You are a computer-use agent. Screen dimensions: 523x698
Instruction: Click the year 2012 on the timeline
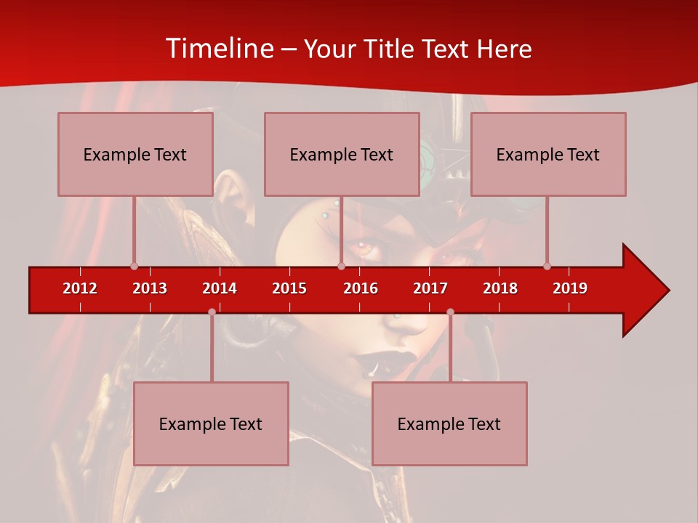(x=80, y=288)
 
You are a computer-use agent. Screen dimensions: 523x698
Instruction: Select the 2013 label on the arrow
(x=150, y=288)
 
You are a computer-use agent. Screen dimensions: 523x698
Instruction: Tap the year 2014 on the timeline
(x=220, y=288)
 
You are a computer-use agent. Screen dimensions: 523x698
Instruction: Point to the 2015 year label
(x=289, y=288)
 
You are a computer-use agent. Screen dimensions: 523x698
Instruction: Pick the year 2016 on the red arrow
(x=361, y=288)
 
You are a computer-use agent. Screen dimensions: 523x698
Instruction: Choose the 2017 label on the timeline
(x=430, y=288)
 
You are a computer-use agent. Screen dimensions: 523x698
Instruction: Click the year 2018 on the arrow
(x=500, y=288)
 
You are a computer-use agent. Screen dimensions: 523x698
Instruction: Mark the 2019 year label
(x=570, y=288)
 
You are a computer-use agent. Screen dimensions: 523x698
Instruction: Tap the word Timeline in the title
(x=220, y=49)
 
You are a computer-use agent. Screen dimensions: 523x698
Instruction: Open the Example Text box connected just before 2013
(x=135, y=154)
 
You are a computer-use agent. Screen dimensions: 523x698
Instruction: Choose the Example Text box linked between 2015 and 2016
(x=342, y=154)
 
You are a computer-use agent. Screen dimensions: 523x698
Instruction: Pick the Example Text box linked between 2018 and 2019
(x=548, y=154)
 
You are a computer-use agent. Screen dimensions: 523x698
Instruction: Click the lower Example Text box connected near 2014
(x=211, y=423)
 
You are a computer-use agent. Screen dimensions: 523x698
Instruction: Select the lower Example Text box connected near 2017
(x=449, y=423)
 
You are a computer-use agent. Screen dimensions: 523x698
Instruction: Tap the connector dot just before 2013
(x=134, y=266)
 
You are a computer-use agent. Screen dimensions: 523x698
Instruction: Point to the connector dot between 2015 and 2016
(x=341, y=266)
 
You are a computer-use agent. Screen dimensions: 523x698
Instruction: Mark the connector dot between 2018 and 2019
(x=547, y=266)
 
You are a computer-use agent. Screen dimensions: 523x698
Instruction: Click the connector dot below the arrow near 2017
(x=450, y=312)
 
